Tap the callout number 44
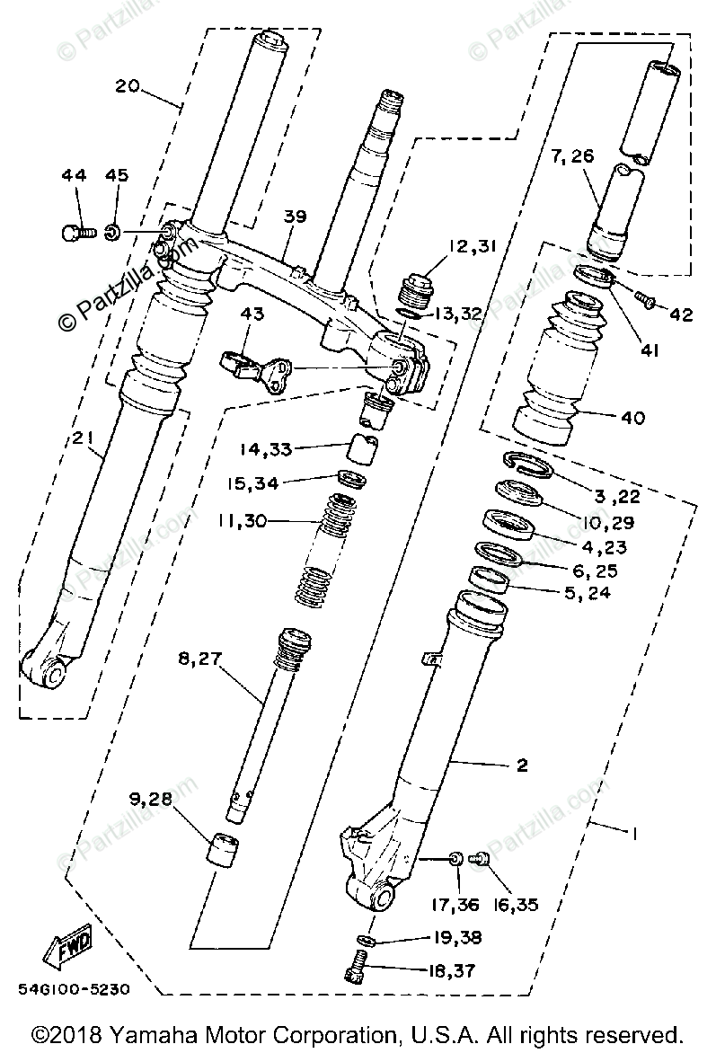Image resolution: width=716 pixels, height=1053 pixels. [x=74, y=175]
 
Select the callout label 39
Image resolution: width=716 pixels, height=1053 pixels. [x=295, y=217]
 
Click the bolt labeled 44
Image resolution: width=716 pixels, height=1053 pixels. [x=75, y=234]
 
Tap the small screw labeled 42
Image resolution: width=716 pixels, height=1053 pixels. [x=645, y=299]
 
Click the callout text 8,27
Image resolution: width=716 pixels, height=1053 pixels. [x=200, y=659]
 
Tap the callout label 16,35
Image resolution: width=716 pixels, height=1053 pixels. [x=513, y=905]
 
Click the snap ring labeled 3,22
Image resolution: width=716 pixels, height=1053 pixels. [x=528, y=465]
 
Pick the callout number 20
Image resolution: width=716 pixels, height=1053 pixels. [x=127, y=86]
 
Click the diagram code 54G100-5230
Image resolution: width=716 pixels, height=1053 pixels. [x=74, y=989]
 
